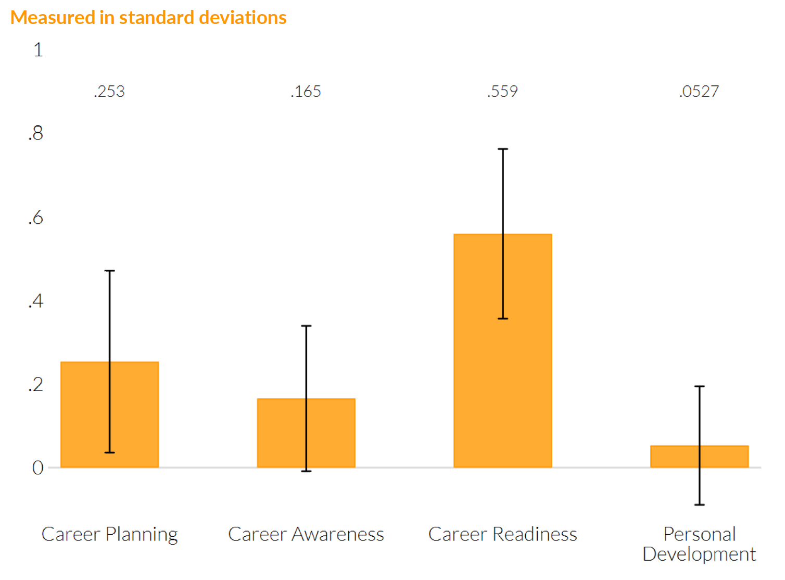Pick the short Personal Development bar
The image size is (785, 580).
[677, 457]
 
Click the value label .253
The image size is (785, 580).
[109, 92]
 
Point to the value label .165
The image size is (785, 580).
[306, 92]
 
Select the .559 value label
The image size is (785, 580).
[502, 92]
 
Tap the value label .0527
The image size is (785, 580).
[699, 92]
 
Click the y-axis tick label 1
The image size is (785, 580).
[38, 50]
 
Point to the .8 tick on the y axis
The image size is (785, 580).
[36, 134]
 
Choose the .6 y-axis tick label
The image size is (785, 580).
[36, 218]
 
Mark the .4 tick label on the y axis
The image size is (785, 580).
[36, 301]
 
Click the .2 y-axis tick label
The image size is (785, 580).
[36, 385]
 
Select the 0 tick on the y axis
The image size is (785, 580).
[38, 468]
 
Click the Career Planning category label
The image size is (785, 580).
[109, 534]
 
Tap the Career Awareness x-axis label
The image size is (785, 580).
[306, 534]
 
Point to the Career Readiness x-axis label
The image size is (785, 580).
[502, 534]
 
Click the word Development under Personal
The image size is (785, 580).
[699, 554]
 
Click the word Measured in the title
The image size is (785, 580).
[53, 18]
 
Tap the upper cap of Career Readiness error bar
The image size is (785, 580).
[503, 149]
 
